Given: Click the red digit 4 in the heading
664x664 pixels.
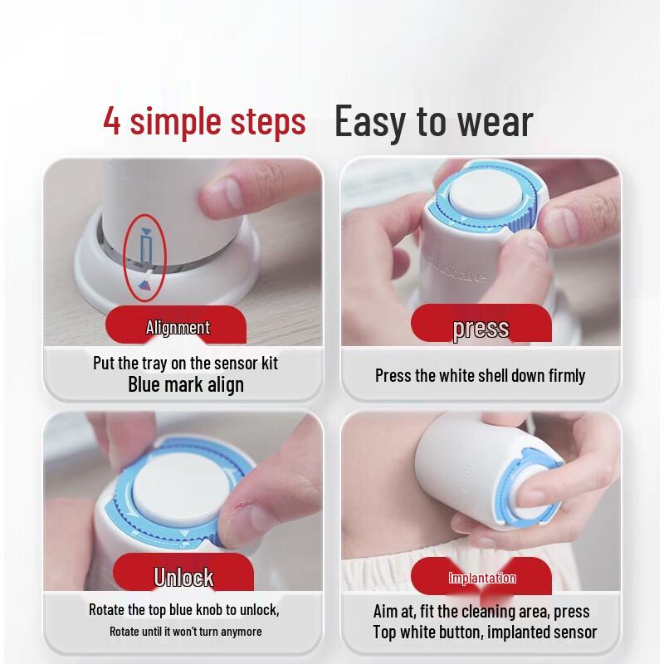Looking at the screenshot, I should tap(112, 121).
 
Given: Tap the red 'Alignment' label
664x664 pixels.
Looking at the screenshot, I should tap(178, 328).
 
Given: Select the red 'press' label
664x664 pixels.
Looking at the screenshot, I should tap(481, 328).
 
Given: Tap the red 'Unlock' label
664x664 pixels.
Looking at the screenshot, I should tap(183, 577).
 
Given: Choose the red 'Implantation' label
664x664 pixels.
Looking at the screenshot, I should tap(481, 578).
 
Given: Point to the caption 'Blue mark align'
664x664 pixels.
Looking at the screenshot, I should tap(186, 384).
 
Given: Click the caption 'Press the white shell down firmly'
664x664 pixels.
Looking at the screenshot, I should tap(480, 375).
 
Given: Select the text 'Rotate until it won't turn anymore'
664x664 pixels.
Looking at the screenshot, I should tap(185, 632).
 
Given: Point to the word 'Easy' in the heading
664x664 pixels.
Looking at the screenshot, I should tap(373, 121).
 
